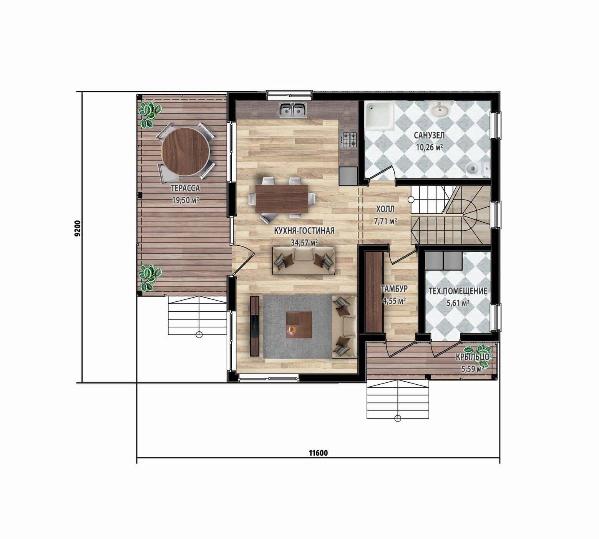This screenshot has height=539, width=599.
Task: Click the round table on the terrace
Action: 186,151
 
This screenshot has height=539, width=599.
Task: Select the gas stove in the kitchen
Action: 349,140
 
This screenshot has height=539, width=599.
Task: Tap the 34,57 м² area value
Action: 304,243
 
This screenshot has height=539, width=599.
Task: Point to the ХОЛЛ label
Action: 385,209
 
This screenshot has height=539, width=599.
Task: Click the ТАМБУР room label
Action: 394,289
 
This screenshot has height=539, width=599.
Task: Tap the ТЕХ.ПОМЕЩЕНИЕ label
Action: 458,291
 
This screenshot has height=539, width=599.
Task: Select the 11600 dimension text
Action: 318,453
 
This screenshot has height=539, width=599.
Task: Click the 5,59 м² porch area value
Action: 472,369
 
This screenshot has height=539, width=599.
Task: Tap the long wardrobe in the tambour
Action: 374,292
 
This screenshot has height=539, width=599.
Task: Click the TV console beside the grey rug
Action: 254,326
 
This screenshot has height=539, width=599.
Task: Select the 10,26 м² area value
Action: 429,147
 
